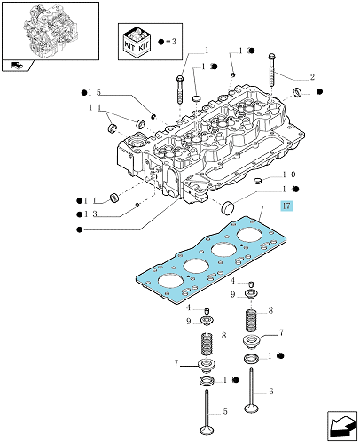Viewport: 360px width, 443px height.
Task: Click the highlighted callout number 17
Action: [286, 206]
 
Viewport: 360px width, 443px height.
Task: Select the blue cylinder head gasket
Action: [210, 260]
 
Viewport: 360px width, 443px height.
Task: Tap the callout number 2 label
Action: [312, 77]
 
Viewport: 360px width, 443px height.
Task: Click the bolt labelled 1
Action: [180, 89]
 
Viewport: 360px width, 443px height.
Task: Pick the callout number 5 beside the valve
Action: [225, 411]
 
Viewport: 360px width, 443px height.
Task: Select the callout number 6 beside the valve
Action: [271, 392]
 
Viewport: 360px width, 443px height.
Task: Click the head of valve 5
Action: [207, 430]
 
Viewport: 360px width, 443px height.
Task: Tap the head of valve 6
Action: [251, 408]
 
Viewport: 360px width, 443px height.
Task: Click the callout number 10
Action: [289, 175]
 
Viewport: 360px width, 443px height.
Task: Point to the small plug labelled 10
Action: [258, 180]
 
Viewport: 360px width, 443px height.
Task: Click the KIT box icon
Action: [137, 42]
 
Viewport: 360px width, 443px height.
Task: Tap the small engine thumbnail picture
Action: [51, 31]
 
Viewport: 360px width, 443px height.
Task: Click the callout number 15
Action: [95, 92]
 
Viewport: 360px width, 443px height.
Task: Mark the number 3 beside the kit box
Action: [174, 42]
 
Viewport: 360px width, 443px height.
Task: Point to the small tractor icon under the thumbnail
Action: [17, 65]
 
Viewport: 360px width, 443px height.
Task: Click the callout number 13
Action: [90, 214]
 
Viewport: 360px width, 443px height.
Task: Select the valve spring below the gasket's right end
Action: [251, 321]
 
